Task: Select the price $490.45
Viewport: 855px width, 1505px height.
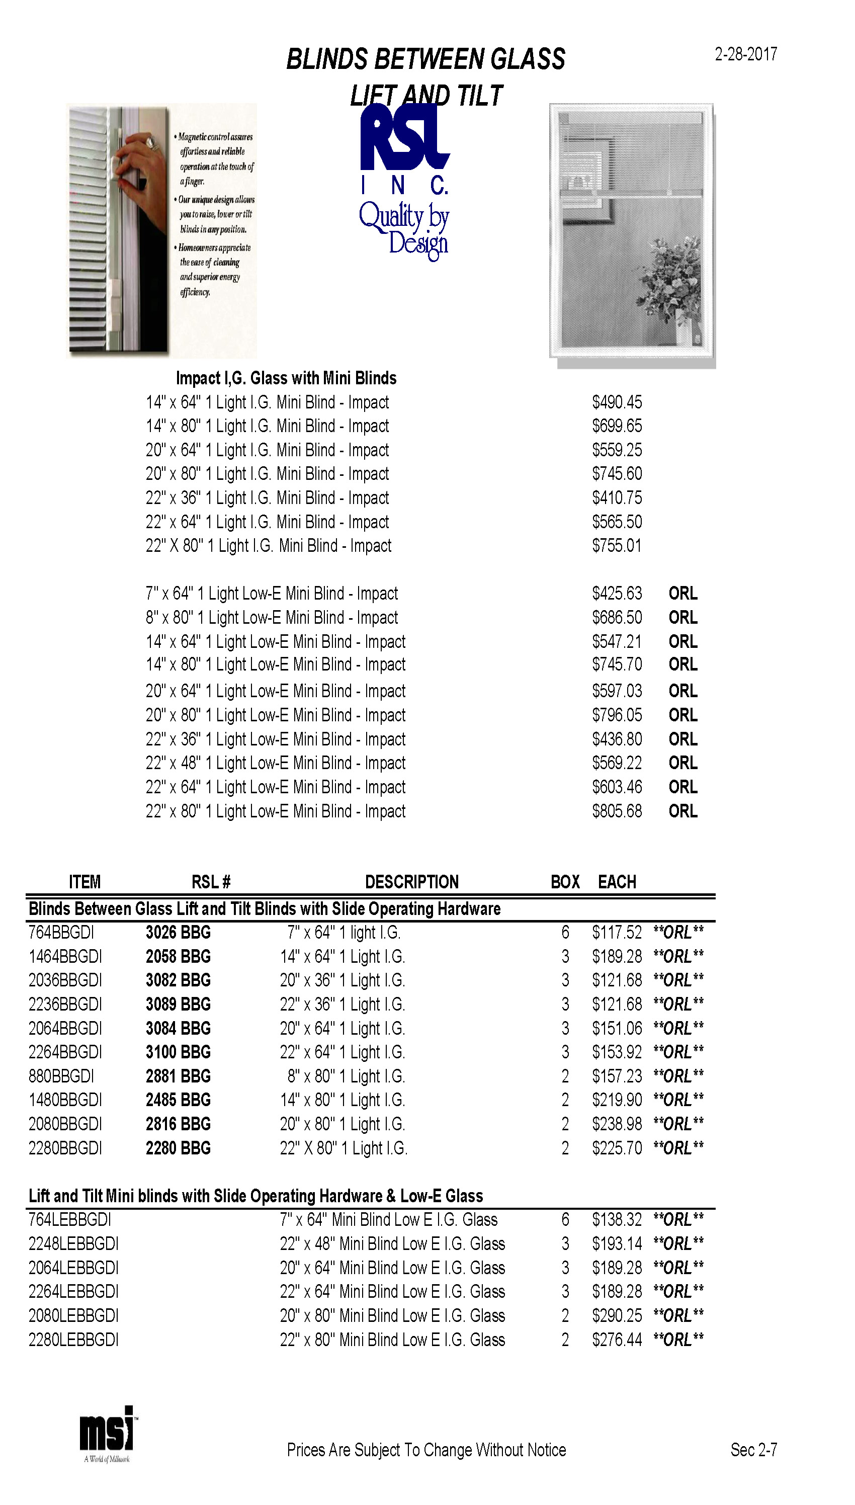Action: point(617,402)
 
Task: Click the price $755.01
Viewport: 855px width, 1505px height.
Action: point(617,545)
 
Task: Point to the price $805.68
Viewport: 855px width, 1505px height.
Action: point(617,811)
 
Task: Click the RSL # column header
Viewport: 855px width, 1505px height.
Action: point(211,882)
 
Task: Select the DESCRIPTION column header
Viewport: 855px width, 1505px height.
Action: point(411,882)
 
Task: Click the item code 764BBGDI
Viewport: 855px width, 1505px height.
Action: point(61,933)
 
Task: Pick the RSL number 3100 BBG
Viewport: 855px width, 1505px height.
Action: point(178,1052)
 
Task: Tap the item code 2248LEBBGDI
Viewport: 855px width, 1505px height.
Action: point(73,1244)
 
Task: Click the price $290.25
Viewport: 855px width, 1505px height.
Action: point(617,1315)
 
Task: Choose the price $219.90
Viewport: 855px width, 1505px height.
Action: point(617,1100)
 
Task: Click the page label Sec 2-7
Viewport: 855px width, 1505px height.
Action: point(753,1450)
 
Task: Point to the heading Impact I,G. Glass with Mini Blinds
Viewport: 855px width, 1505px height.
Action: point(286,378)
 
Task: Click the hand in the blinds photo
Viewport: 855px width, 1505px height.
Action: point(138,164)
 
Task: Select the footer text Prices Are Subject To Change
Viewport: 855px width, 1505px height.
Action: point(426,1450)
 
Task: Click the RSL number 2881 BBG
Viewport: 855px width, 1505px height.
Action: point(178,1076)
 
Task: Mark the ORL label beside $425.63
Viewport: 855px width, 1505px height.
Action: point(683,593)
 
